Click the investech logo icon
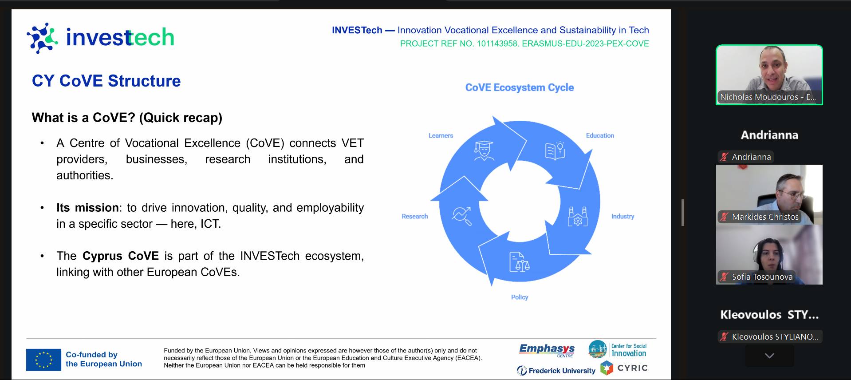tap(42, 38)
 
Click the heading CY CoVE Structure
tap(106, 81)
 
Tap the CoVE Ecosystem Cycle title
tap(519, 87)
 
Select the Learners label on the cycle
tap(441, 135)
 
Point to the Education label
tap(600, 135)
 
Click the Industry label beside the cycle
tap(622, 216)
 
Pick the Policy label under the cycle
tap(520, 297)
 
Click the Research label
tap(415, 216)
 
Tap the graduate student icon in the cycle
tap(484, 151)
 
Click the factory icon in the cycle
tap(578, 216)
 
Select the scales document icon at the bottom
tap(519, 262)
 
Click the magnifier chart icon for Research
tap(461, 216)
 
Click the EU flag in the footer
tap(43, 360)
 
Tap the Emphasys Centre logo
tap(547, 350)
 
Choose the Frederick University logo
tap(556, 370)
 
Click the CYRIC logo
tap(624, 368)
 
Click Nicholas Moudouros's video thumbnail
tap(769, 75)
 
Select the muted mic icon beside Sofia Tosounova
tap(724, 277)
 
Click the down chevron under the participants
tap(769, 356)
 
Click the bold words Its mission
tap(87, 208)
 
